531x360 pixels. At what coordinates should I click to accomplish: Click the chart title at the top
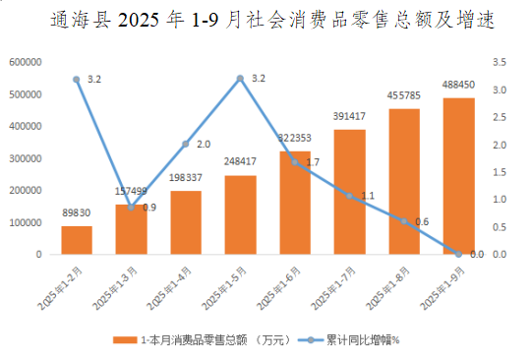pos(265,21)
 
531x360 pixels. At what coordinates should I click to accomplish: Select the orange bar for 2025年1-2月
pos(77,240)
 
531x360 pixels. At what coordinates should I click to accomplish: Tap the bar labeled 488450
pos(459,177)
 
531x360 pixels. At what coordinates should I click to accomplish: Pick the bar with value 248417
pos(240,214)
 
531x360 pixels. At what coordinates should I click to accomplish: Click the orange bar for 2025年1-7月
pos(350,192)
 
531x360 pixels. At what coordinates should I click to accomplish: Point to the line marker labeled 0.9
pos(131,206)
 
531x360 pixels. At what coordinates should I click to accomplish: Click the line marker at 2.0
pos(186,145)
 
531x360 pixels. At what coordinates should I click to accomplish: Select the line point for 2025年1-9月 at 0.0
pos(459,254)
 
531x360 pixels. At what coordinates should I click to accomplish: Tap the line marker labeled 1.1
pos(350,195)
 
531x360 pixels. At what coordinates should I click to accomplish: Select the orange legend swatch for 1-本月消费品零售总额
pos(123,338)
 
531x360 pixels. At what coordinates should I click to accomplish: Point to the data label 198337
pos(186,178)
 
